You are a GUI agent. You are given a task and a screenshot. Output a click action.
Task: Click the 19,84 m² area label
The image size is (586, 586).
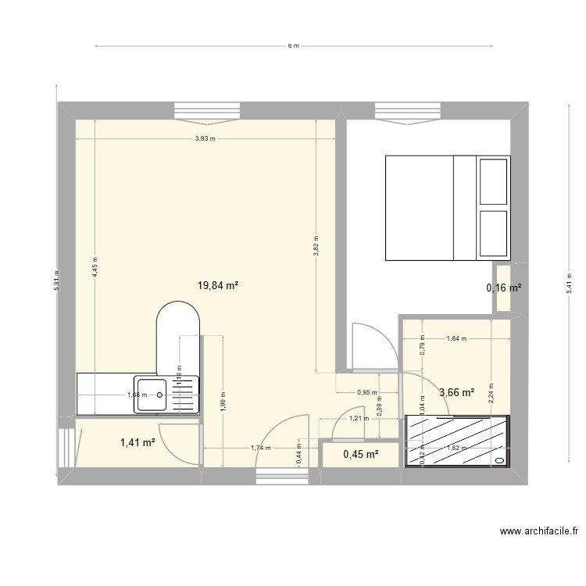(x=218, y=286)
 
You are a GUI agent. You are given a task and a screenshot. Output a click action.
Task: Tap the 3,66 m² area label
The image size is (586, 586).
(x=457, y=393)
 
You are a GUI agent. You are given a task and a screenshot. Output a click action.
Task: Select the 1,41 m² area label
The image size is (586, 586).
(x=138, y=444)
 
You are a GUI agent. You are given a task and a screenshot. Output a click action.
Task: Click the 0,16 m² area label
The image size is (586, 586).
(x=504, y=288)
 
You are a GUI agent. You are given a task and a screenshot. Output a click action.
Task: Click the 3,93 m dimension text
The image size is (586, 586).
(x=205, y=139)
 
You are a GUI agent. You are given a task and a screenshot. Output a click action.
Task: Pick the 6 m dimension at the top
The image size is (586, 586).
(x=293, y=45)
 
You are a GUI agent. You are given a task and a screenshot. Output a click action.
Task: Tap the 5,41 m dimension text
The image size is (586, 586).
(x=567, y=282)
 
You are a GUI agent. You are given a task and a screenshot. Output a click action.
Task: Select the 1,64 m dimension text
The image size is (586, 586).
(x=456, y=339)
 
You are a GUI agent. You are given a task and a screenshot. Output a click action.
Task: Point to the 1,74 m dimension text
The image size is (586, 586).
(x=261, y=448)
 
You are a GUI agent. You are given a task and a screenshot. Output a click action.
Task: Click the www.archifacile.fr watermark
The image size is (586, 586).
(x=539, y=532)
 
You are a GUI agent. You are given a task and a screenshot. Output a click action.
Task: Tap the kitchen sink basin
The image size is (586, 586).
(x=152, y=395)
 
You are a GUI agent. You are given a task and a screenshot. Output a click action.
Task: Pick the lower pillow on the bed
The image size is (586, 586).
(x=494, y=232)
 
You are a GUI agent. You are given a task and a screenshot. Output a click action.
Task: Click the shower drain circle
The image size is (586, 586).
(x=499, y=461)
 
